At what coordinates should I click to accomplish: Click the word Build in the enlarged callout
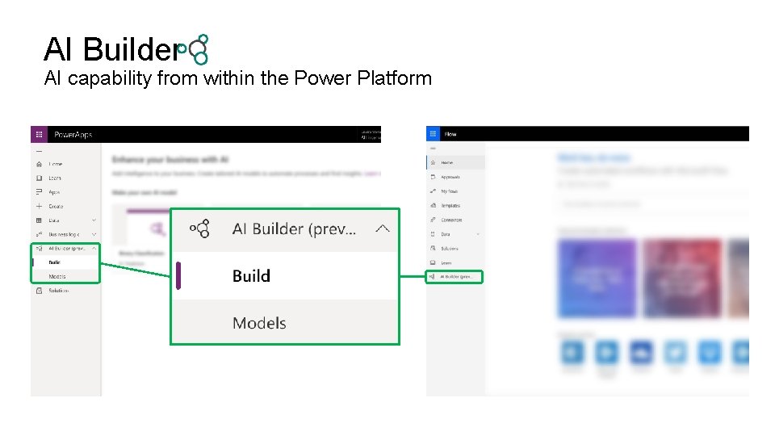251,276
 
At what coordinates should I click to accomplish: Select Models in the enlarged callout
259,323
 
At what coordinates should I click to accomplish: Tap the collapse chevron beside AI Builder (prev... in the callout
383,228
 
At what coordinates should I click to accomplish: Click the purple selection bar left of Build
178,276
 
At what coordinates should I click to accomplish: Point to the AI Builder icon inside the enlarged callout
200,228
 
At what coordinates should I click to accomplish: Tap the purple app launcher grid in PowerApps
39,134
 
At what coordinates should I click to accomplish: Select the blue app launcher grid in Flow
434,134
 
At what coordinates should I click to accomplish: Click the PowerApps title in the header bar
73,134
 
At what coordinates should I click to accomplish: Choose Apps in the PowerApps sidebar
54,192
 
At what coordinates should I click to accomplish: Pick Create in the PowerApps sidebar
56,207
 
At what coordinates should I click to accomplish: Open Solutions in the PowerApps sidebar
58,291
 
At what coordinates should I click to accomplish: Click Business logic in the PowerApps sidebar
63,234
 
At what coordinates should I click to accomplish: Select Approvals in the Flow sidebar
450,177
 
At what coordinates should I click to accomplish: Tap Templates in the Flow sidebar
450,206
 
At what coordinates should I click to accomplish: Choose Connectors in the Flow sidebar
451,220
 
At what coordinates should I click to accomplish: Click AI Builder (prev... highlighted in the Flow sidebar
457,277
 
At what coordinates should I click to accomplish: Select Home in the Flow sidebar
446,163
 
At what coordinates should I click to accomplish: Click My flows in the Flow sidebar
449,191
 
